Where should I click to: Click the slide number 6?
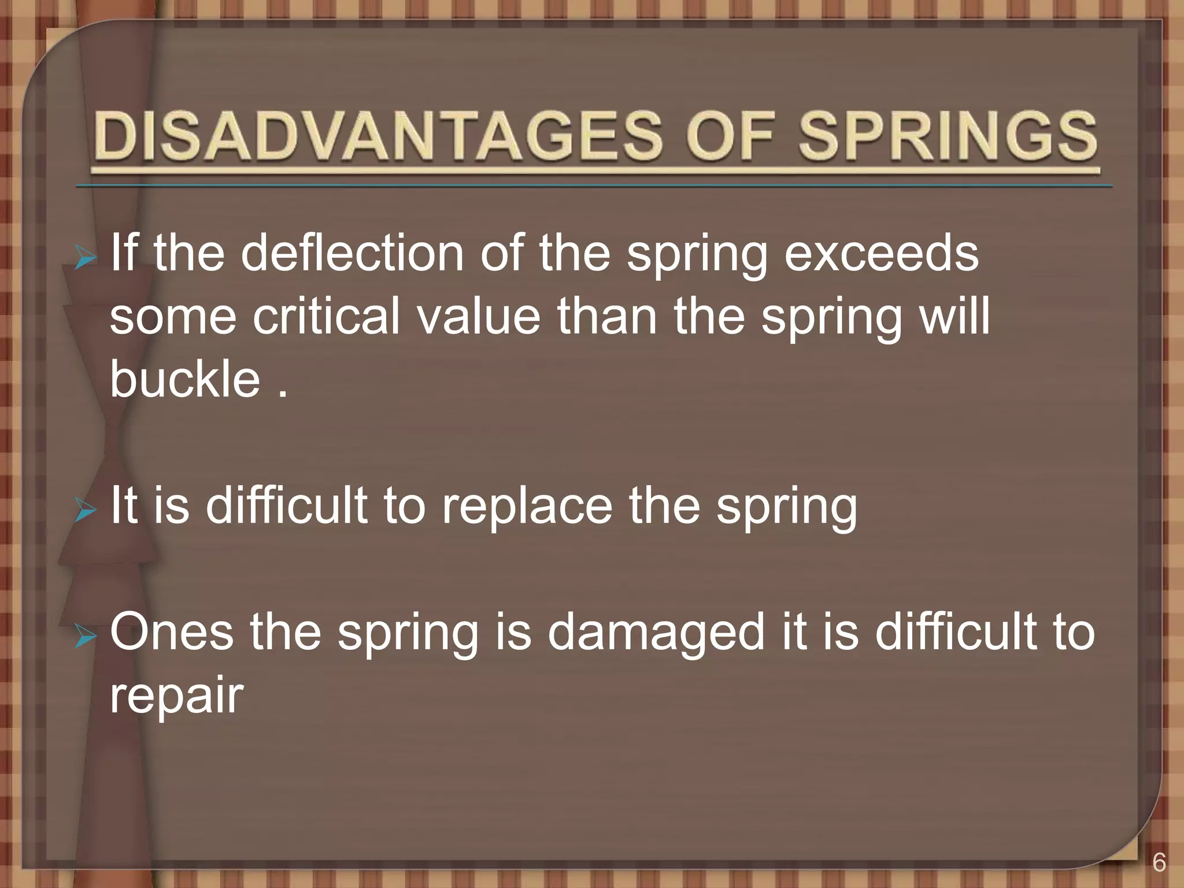point(1159,863)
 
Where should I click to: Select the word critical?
point(326,316)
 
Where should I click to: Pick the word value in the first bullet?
point(479,316)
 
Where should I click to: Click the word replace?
point(527,505)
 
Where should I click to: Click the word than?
point(607,316)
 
